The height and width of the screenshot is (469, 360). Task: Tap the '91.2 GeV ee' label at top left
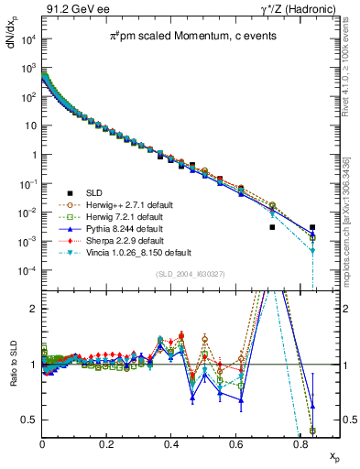coord(70,8)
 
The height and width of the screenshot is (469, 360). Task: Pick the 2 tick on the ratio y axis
coord(35,308)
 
